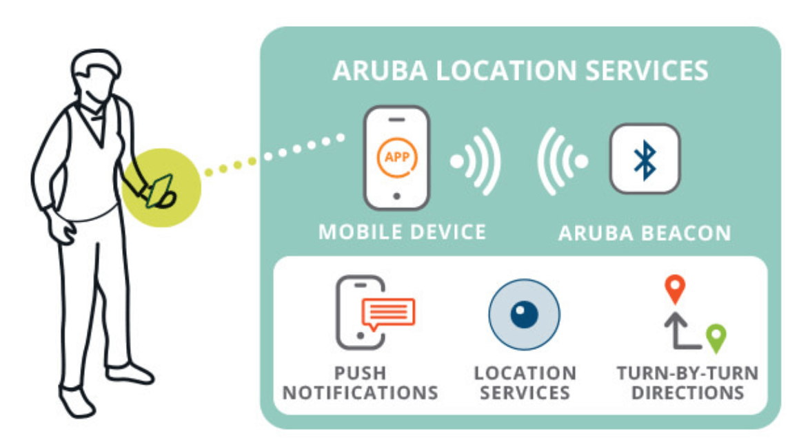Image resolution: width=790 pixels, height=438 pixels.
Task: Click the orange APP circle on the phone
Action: click(397, 158)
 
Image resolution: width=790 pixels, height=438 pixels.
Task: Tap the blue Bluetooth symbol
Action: click(645, 160)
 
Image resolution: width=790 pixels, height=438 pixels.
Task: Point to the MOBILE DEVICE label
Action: click(402, 232)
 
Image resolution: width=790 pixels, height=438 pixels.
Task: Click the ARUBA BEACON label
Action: click(645, 233)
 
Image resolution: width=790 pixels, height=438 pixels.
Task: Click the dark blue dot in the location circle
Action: click(524, 314)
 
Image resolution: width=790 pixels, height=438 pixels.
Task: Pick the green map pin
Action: click(716, 338)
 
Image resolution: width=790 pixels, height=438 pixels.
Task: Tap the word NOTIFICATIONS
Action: click(361, 393)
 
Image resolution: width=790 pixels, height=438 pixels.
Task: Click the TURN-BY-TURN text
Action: click(688, 373)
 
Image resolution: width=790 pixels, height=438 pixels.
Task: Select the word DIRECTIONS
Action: click(688, 393)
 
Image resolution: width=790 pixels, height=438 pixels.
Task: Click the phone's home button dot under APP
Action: click(396, 196)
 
